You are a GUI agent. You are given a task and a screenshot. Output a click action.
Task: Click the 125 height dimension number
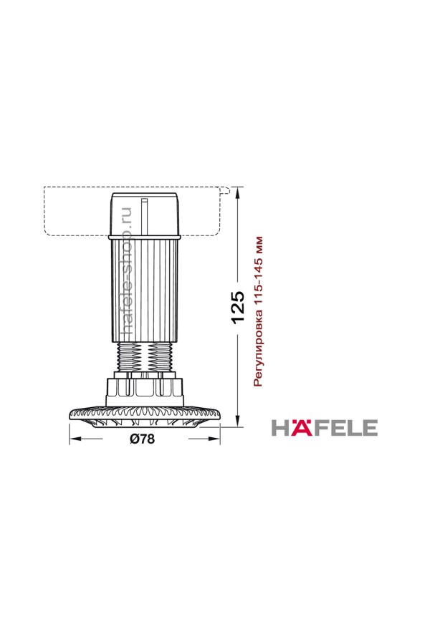coord(238,308)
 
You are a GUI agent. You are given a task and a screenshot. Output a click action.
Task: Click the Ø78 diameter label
coord(143,439)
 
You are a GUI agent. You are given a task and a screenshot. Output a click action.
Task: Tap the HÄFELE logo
coord(324,428)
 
